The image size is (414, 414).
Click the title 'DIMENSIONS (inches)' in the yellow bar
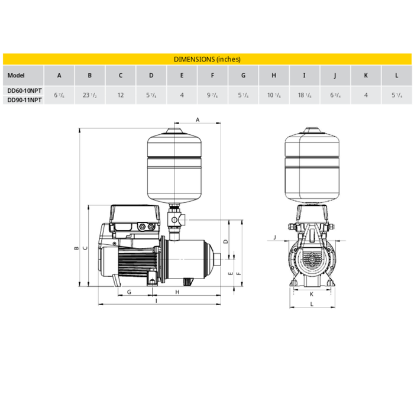(207, 59)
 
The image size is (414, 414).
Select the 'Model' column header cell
(16, 76)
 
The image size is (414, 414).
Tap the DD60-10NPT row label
(24, 90)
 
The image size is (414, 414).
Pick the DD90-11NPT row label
(24, 101)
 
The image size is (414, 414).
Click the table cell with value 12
(121, 95)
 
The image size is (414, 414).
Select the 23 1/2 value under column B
(90, 95)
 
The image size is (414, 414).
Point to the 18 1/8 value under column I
(305, 95)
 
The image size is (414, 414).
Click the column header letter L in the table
(397, 76)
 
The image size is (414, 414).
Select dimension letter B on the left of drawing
(76, 248)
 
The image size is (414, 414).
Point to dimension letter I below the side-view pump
(156, 301)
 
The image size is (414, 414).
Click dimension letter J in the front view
(276, 238)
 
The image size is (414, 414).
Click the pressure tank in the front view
(313, 163)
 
